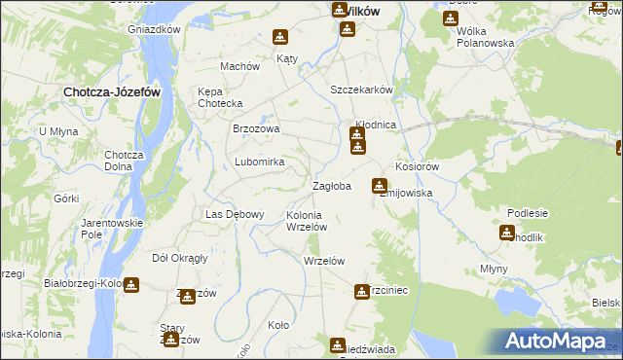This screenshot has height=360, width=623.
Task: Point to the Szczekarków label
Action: pyautogui.click(x=361, y=90)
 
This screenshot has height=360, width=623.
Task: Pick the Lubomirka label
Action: pyautogui.click(x=259, y=162)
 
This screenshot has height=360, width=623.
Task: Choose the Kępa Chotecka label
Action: pyautogui.click(x=220, y=97)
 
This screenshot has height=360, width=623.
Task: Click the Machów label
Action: pyautogui.click(x=240, y=67)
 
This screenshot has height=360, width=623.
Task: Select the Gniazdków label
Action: pyautogui.click(x=155, y=29)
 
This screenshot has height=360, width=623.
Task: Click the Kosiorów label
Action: pyautogui.click(x=419, y=166)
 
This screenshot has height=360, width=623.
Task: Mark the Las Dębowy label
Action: pyautogui.click(x=229, y=214)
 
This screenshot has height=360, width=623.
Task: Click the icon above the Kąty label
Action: pyautogui.click(x=280, y=38)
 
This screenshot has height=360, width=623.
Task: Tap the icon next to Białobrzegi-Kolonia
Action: pyautogui.click(x=131, y=285)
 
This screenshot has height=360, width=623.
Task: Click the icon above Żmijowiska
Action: pyautogui.click(x=380, y=185)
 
